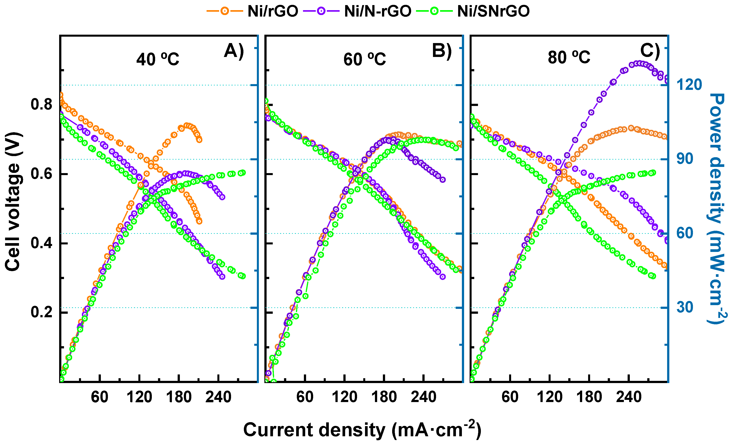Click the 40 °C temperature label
tap(158, 59)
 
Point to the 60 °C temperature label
tap(365, 59)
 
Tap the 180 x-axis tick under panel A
tap(179, 397)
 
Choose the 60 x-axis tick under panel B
tap(305, 397)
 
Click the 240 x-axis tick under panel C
tap(629, 397)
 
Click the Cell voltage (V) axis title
tap(13, 202)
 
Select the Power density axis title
tap(717, 208)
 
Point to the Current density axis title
tap(362, 430)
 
